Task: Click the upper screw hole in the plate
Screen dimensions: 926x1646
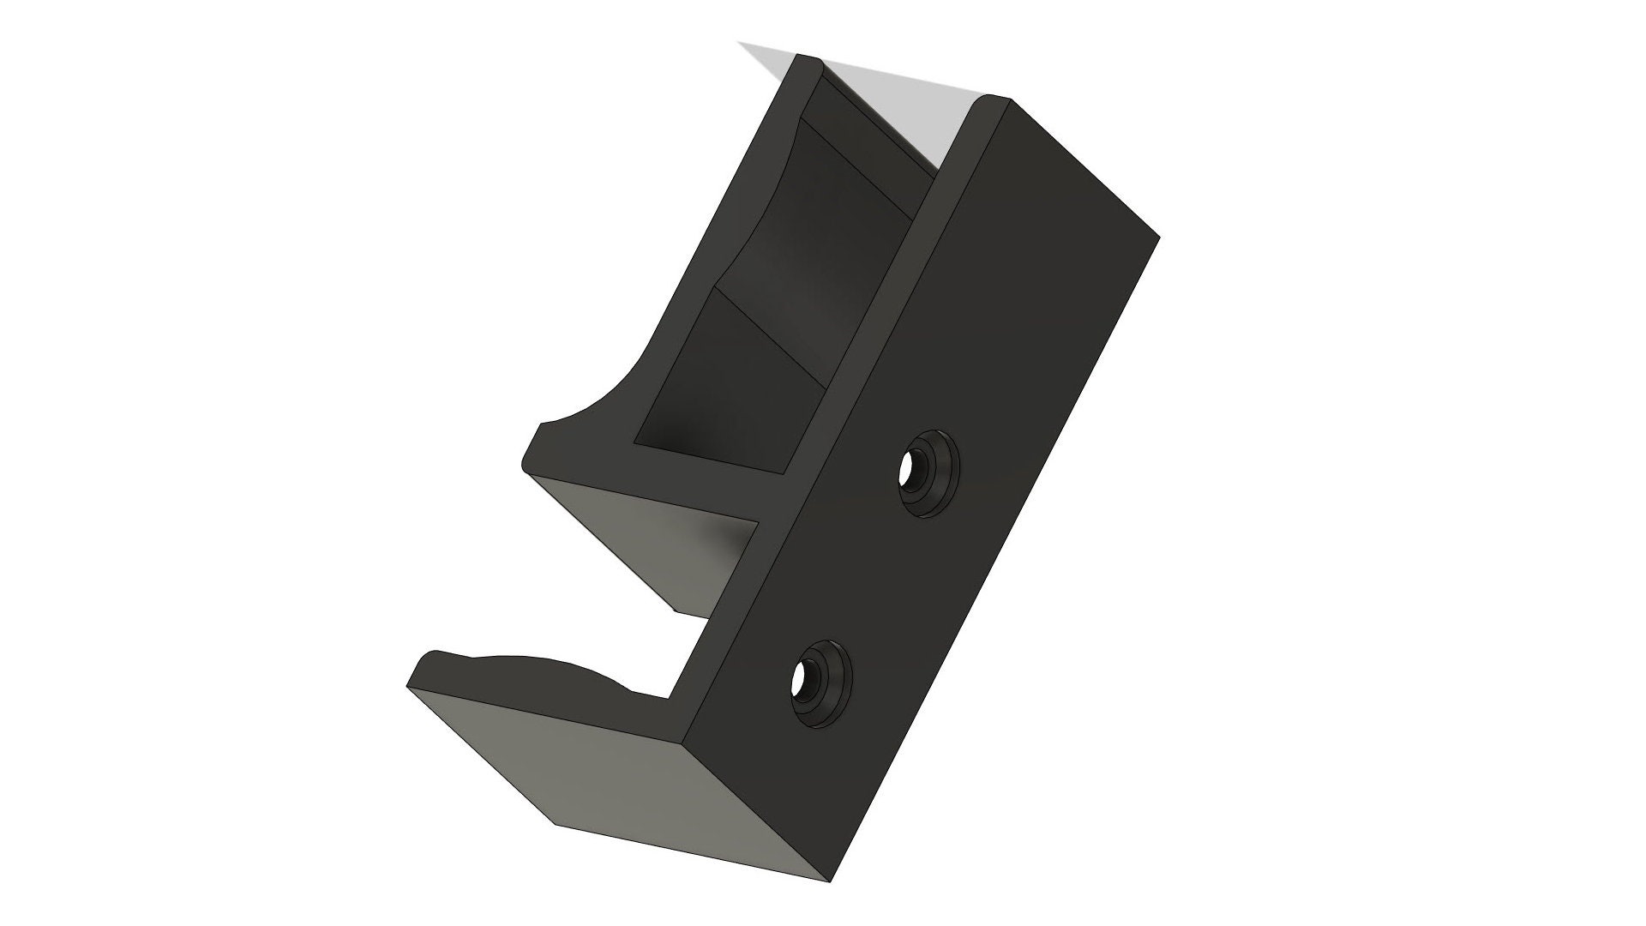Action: click(910, 469)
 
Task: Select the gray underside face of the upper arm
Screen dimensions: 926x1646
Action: click(660, 540)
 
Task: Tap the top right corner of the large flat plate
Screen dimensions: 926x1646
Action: click(1157, 238)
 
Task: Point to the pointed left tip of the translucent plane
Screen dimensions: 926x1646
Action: click(744, 44)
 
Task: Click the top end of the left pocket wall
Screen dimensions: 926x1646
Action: click(807, 60)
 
